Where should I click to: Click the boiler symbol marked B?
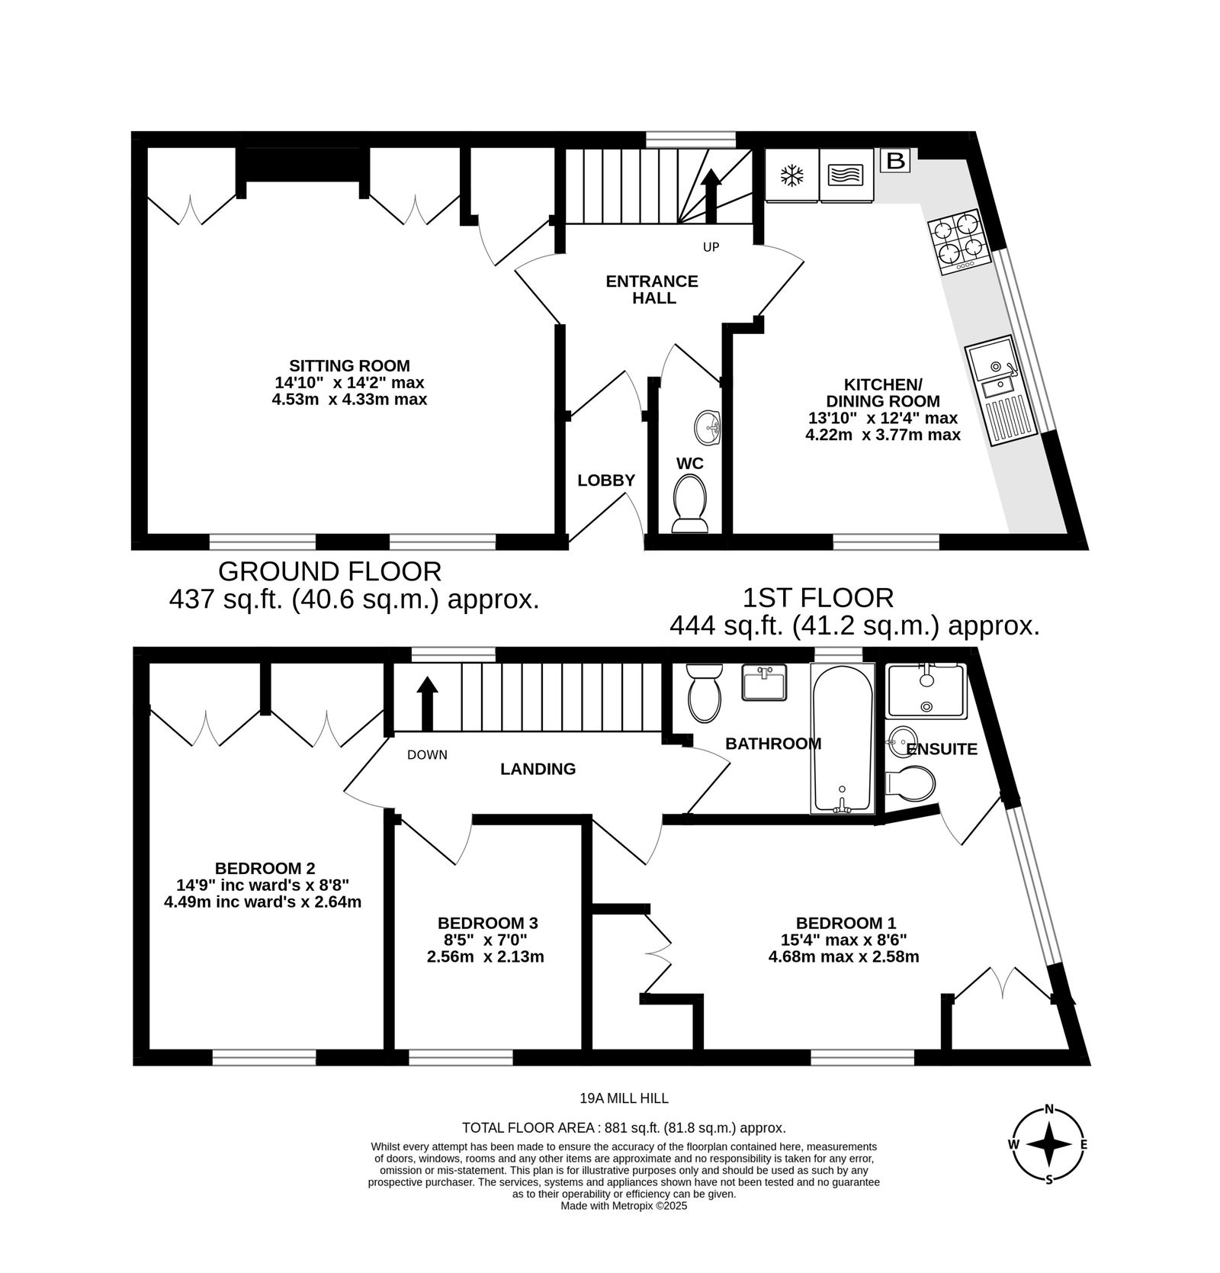[x=896, y=161]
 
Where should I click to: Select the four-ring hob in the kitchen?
[x=958, y=242]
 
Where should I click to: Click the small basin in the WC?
[x=708, y=427]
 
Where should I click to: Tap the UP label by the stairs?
[x=711, y=247]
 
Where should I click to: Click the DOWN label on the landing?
[x=427, y=755]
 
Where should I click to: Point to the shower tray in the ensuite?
[x=926, y=690]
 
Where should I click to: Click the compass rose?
[x=1049, y=1144]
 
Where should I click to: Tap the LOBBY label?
[x=606, y=481]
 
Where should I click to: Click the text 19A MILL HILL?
[x=624, y=1098]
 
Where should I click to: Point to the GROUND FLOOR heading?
[x=329, y=571]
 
